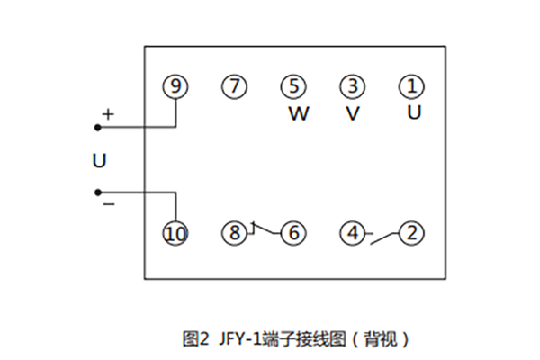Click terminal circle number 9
click(175, 87)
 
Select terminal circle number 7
click(234, 87)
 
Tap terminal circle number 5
click(293, 87)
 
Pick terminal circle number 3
click(353, 87)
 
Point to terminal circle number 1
click(411, 87)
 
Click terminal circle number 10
click(175, 234)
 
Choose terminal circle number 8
click(234, 234)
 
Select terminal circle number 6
click(293, 234)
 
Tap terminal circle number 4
click(353, 234)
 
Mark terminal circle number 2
click(411, 234)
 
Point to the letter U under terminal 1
click(413, 112)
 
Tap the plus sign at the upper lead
click(108, 115)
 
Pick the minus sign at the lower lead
click(108, 205)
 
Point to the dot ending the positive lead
click(97, 128)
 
